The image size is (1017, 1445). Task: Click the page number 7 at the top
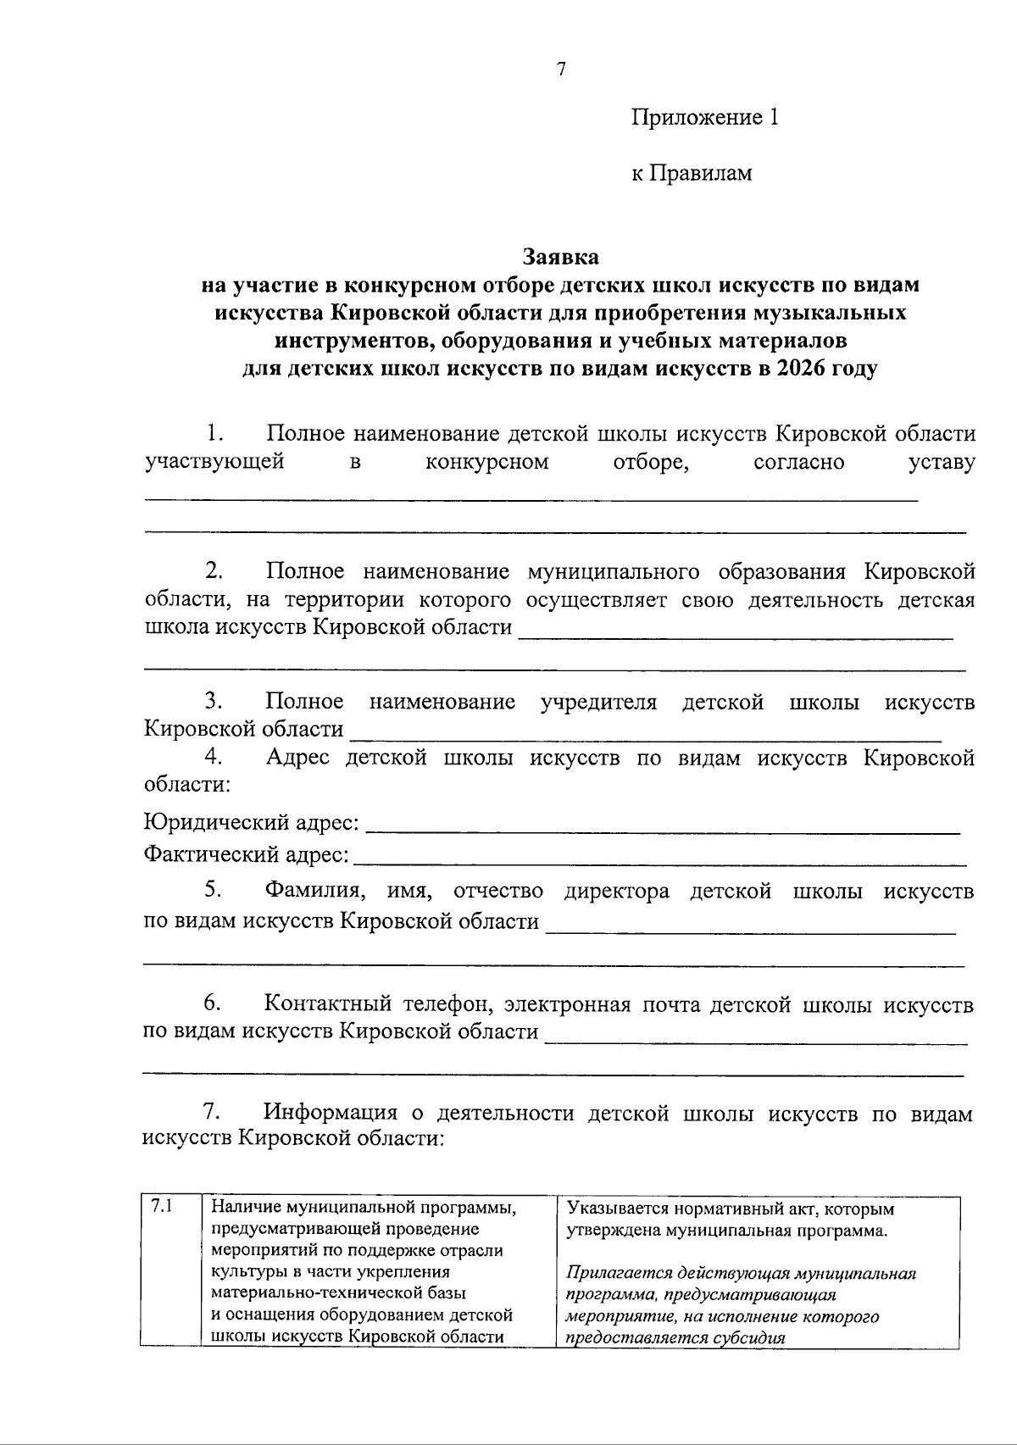pos(560,70)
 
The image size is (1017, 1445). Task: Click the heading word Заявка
pos(560,256)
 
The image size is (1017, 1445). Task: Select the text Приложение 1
pos(703,118)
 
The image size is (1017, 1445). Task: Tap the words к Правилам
pos(692,174)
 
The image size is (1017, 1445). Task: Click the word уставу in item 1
pos(941,463)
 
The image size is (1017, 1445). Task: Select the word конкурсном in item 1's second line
pos(486,463)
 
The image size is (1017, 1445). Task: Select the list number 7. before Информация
pos(213,1112)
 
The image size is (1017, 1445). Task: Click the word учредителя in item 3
pos(598,703)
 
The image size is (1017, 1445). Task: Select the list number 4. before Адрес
pos(213,757)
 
